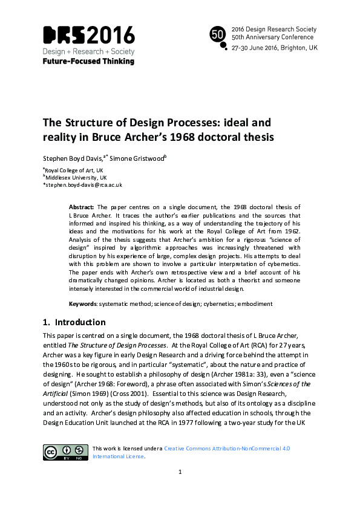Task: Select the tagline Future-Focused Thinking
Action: pos(88,61)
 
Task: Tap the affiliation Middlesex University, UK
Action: pos(76,178)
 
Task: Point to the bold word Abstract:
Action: pos(82,207)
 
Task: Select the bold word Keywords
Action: pos(82,303)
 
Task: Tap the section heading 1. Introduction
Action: pos(74,322)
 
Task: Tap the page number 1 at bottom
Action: pos(180,488)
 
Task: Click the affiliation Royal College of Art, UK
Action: pos(76,170)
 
